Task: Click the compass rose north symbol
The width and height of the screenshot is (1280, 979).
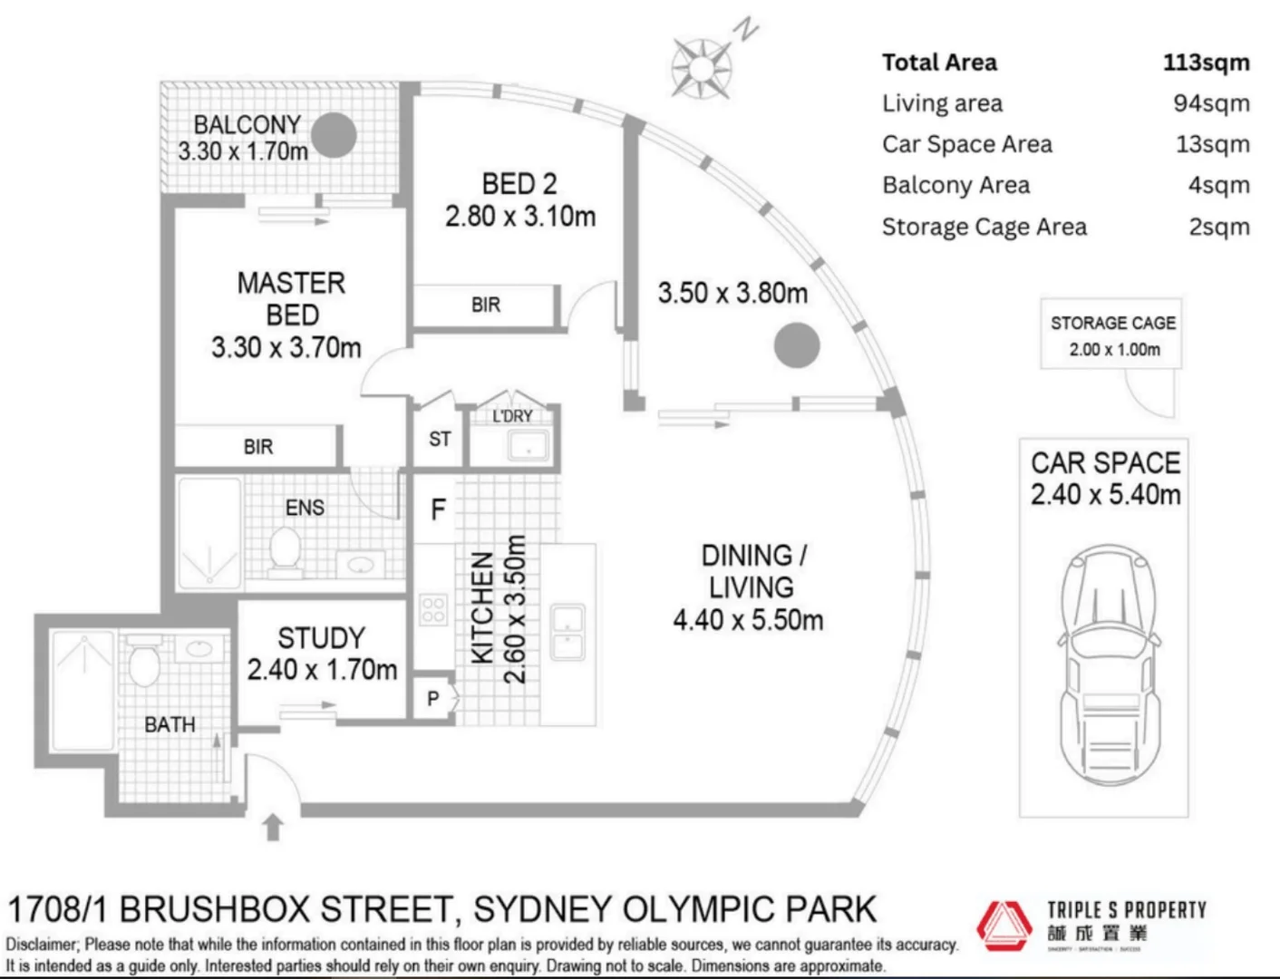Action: [702, 68]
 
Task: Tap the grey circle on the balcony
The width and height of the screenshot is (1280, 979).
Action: [334, 135]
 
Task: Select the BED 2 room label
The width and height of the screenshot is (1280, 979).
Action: [519, 184]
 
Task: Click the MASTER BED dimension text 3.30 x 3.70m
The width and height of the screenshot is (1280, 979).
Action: [286, 347]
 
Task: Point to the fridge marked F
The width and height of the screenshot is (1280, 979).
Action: [438, 510]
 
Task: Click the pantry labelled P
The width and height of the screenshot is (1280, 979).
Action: [433, 699]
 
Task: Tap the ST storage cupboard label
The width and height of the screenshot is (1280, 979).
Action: [440, 440]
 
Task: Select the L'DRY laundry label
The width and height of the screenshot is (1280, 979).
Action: [512, 416]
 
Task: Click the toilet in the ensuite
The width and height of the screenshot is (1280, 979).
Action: [286, 551]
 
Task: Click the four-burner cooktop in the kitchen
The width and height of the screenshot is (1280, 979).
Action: [433, 609]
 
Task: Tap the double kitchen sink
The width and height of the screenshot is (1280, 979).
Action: [567, 631]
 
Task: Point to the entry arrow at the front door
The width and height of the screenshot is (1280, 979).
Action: [274, 829]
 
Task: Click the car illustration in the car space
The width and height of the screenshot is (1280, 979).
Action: [1104, 666]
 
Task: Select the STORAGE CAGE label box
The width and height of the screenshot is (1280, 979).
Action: [1111, 334]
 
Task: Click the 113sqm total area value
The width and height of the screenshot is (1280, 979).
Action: [1206, 63]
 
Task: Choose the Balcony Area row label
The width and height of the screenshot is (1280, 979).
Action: [955, 186]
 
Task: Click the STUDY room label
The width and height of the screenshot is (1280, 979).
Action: [321, 638]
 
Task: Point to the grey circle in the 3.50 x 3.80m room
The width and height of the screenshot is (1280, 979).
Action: [796, 345]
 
